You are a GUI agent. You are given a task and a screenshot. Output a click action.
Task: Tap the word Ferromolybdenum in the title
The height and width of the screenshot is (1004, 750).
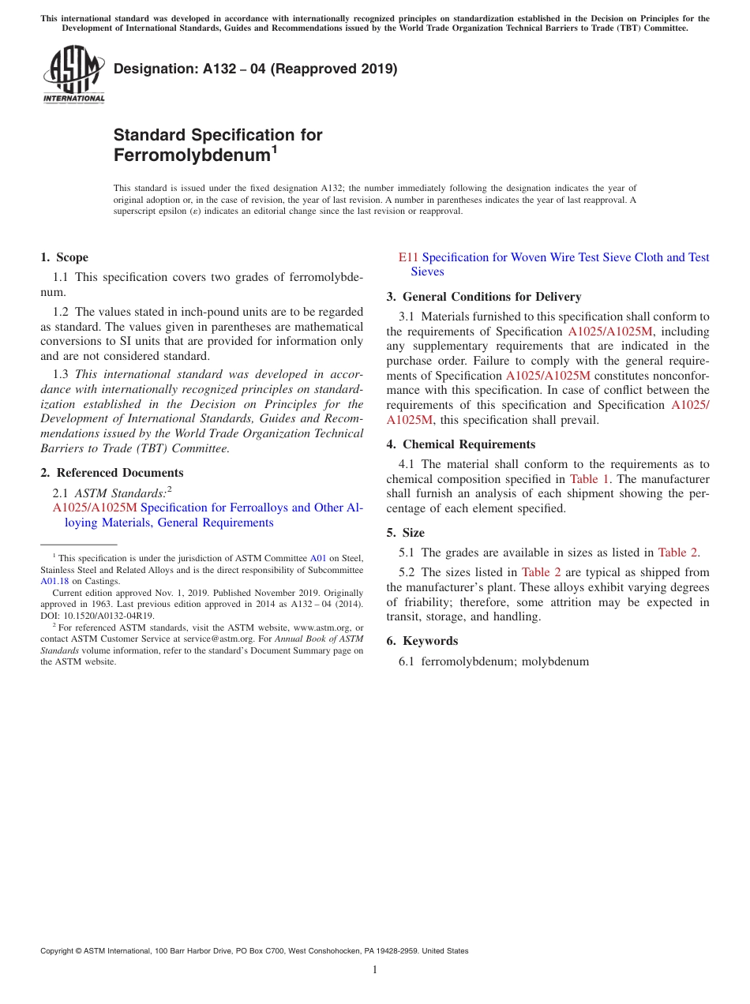click(x=191, y=155)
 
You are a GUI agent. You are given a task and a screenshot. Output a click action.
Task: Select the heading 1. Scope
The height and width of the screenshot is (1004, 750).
click(x=64, y=257)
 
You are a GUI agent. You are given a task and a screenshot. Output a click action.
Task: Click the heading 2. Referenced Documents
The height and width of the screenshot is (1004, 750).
click(x=111, y=473)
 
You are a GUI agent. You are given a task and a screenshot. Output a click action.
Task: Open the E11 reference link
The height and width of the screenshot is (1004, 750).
click(x=407, y=257)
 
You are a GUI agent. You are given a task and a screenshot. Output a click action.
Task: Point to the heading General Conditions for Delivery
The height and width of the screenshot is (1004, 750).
click(x=491, y=297)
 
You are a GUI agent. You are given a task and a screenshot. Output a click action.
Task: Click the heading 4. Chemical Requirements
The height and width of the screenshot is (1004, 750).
click(x=460, y=444)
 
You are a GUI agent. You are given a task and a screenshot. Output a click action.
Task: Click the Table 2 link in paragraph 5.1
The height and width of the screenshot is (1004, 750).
click(x=677, y=553)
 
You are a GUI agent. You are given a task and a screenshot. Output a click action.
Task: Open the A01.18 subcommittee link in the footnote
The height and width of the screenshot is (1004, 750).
click(x=54, y=581)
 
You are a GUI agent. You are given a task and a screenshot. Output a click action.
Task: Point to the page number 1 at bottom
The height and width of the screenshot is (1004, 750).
click(x=375, y=969)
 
